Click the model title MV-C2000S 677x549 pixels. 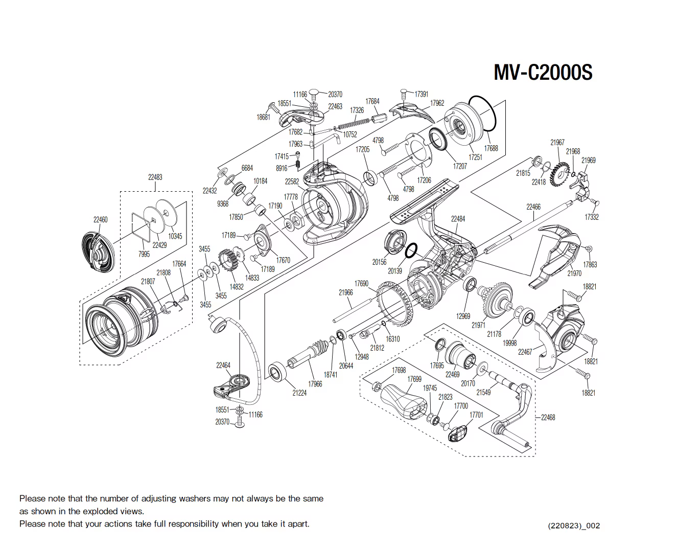tap(543, 73)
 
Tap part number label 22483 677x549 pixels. tap(155, 177)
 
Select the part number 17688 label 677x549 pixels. tap(491, 148)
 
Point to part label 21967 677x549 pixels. tap(557, 142)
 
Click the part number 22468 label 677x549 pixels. tap(548, 418)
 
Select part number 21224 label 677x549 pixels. tap(299, 393)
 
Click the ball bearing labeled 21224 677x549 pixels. tap(277, 372)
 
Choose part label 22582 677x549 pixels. tap(292, 181)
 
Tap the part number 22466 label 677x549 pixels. tap(533, 207)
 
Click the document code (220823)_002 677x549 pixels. tap(573, 525)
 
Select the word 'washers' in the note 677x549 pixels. tap(197, 498)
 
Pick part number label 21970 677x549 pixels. tap(574, 273)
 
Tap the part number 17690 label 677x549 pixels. tap(361, 283)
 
